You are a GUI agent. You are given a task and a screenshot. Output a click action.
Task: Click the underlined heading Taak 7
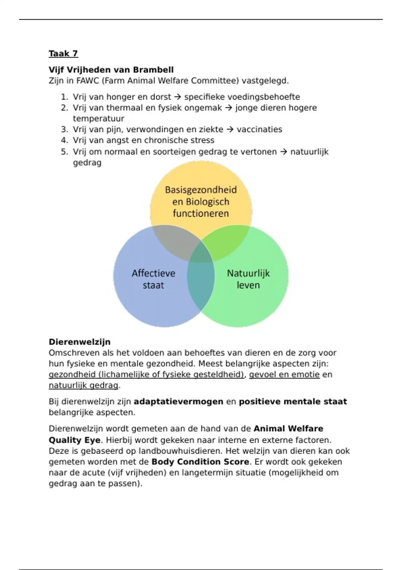point(63,54)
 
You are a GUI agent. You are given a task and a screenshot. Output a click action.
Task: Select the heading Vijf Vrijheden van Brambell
point(111,70)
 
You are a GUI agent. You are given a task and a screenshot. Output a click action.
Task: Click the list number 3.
point(64,129)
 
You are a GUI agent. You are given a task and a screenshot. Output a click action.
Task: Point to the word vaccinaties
point(259,129)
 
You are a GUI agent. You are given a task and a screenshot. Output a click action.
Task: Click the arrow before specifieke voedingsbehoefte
point(178,97)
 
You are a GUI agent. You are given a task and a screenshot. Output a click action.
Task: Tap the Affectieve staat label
point(153,279)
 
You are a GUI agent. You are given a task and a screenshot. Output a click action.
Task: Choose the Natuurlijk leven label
point(248,279)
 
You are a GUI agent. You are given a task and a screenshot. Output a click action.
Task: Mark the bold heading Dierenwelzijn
point(79,342)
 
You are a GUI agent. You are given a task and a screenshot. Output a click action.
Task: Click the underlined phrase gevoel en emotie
point(284,375)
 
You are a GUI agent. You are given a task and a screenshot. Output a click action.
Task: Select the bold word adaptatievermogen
point(179,402)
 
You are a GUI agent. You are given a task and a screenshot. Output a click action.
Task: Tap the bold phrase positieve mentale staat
point(293,402)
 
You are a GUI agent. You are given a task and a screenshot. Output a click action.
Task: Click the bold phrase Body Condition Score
point(200,462)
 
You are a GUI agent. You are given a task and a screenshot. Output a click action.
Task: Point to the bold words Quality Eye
point(74,440)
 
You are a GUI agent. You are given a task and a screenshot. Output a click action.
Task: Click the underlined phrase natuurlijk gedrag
point(83,386)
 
